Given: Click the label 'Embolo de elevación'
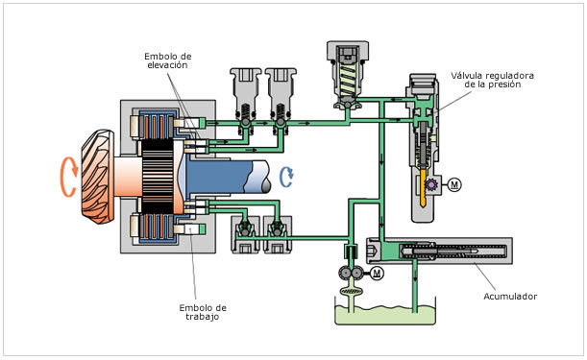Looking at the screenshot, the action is (168, 60).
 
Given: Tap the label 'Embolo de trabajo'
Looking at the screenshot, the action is (203, 312).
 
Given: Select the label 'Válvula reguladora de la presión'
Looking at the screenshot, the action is (492, 80).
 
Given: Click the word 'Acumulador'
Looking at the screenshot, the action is (510, 297).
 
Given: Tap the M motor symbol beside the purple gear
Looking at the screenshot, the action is (454, 184).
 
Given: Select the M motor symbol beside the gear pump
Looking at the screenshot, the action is (377, 274).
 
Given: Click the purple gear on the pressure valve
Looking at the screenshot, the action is (431, 184).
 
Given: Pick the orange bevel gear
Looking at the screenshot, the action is (97, 177).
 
